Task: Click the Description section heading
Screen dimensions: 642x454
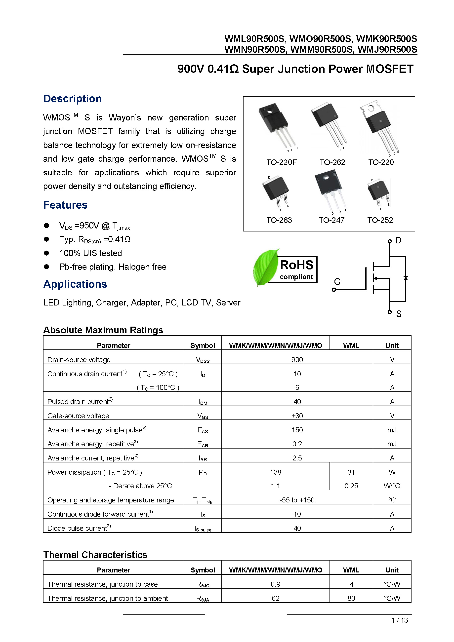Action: [x=72, y=99]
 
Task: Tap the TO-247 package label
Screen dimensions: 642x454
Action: [x=331, y=220]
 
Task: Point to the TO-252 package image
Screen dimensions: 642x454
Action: [x=379, y=191]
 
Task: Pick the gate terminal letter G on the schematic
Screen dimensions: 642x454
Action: [x=337, y=282]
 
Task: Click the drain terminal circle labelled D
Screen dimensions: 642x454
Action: [x=389, y=241]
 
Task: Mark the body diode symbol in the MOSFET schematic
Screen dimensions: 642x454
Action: [x=406, y=278]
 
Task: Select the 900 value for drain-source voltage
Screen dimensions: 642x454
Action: [x=297, y=360]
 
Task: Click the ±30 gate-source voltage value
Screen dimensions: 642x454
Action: [x=297, y=416]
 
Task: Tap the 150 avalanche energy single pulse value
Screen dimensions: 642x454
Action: [x=297, y=430]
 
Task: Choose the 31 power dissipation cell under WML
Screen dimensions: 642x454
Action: [x=351, y=472]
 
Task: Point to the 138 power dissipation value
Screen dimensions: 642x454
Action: [x=275, y=472]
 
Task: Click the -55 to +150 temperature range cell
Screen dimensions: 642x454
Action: [x=297, y=500]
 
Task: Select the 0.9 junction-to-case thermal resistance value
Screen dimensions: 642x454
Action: [x=275, y=584]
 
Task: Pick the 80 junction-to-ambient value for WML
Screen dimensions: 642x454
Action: [x=351, y=598]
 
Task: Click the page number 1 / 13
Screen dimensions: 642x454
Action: [x=399, y=620]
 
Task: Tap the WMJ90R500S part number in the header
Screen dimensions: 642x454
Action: [x=387, y=49]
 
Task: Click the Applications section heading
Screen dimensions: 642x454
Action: [x=75, y=284]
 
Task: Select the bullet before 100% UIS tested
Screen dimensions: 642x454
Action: [x=46, y=253]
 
